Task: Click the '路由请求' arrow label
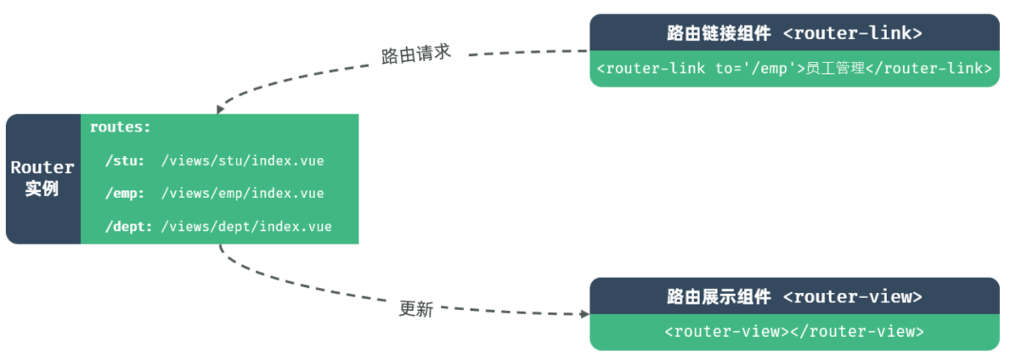point(416,54)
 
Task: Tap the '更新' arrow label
point(416,309)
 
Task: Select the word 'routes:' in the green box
point(120,127)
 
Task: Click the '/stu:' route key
point(125,160)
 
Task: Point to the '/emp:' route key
point(125,194)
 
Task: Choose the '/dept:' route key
point(128,227)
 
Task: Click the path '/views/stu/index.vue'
point(242,160)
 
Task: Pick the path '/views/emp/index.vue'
point(242,194)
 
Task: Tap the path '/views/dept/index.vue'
point(246,227)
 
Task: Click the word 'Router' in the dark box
point(42,167)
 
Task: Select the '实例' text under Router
point(42,188)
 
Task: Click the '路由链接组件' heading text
point(719,34)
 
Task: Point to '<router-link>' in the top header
point(853,34)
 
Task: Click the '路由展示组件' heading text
point(719,297)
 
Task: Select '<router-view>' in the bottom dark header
point(853,297)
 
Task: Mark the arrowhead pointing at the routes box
point(220,110)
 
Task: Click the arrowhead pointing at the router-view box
point(584,314)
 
